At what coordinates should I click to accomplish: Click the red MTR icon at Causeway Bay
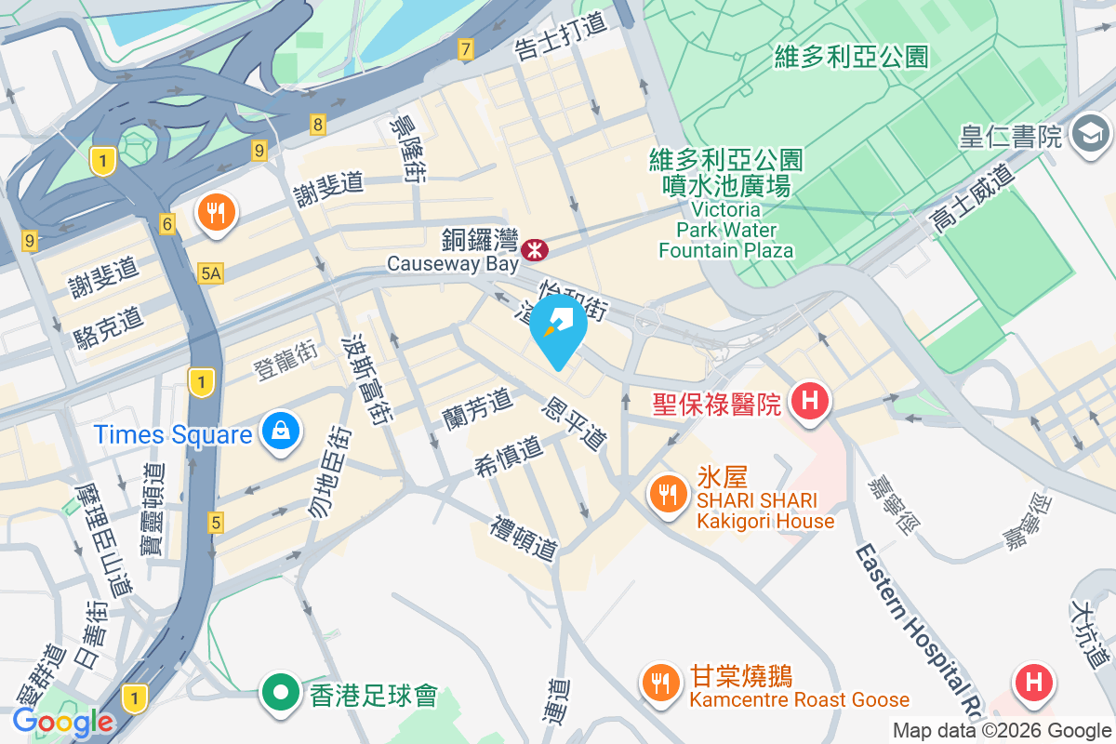(x=535, y=249)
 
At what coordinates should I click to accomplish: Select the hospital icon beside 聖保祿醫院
(x=809, y=401)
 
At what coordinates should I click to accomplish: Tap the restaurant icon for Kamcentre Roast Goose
(x=661, y=684)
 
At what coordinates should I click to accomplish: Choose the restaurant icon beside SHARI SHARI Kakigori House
(x=667, y=493)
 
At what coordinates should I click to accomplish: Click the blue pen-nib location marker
(x=558, y=326)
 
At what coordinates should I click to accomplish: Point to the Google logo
(x=62, y=722)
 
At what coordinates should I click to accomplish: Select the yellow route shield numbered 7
(x=465, y=49)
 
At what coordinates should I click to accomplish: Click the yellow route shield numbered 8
(x=318, y=124)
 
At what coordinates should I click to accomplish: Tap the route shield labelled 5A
(x=211, y=272)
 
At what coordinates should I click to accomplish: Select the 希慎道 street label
(x=509, y=456)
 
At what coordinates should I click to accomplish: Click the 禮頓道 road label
(x=526, y=538)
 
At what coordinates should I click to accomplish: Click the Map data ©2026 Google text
(x=1002, y=731)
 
